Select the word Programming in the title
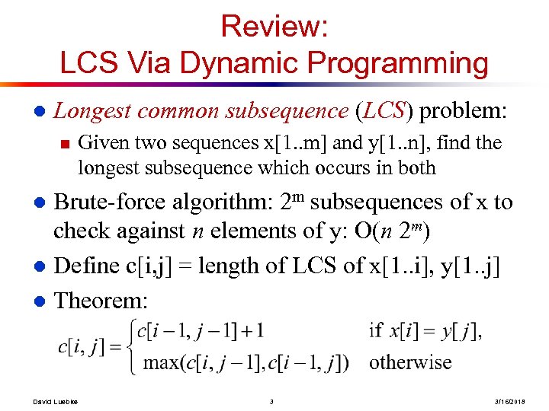point(396,63)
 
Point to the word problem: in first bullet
point(462,111)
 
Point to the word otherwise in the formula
point(410,362)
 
